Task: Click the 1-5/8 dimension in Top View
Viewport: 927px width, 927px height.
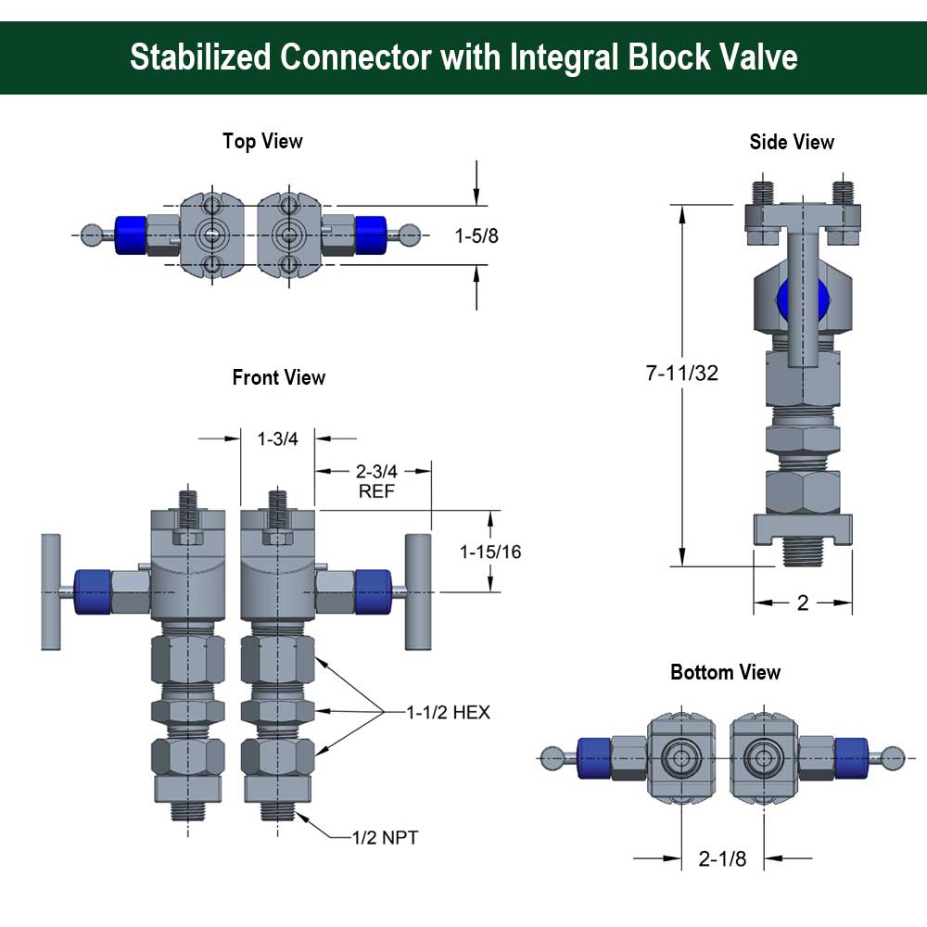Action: (x=476, y=235)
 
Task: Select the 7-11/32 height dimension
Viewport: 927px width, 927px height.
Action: (x=682, y=374)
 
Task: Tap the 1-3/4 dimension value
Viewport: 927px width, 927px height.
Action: (x=277, y=438)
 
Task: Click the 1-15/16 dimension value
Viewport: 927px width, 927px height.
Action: (x=490, y=552)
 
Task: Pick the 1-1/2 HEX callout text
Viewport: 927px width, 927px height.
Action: (x=448, y=713)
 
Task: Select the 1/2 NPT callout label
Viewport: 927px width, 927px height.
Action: (x=385, y=838)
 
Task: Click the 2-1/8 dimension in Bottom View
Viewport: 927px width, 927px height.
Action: (x=722, y=858)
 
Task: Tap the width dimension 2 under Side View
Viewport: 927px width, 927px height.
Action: (x=803, y=603)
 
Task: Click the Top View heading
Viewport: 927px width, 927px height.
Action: (x=262, y=141)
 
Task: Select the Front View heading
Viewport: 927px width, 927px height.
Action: (x=279, y=377)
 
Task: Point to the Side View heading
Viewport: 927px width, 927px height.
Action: (x=792, y=142)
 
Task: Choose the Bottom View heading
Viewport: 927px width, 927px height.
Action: (x=726, y=672)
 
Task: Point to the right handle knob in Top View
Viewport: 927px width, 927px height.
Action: (x=410, y=235)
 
